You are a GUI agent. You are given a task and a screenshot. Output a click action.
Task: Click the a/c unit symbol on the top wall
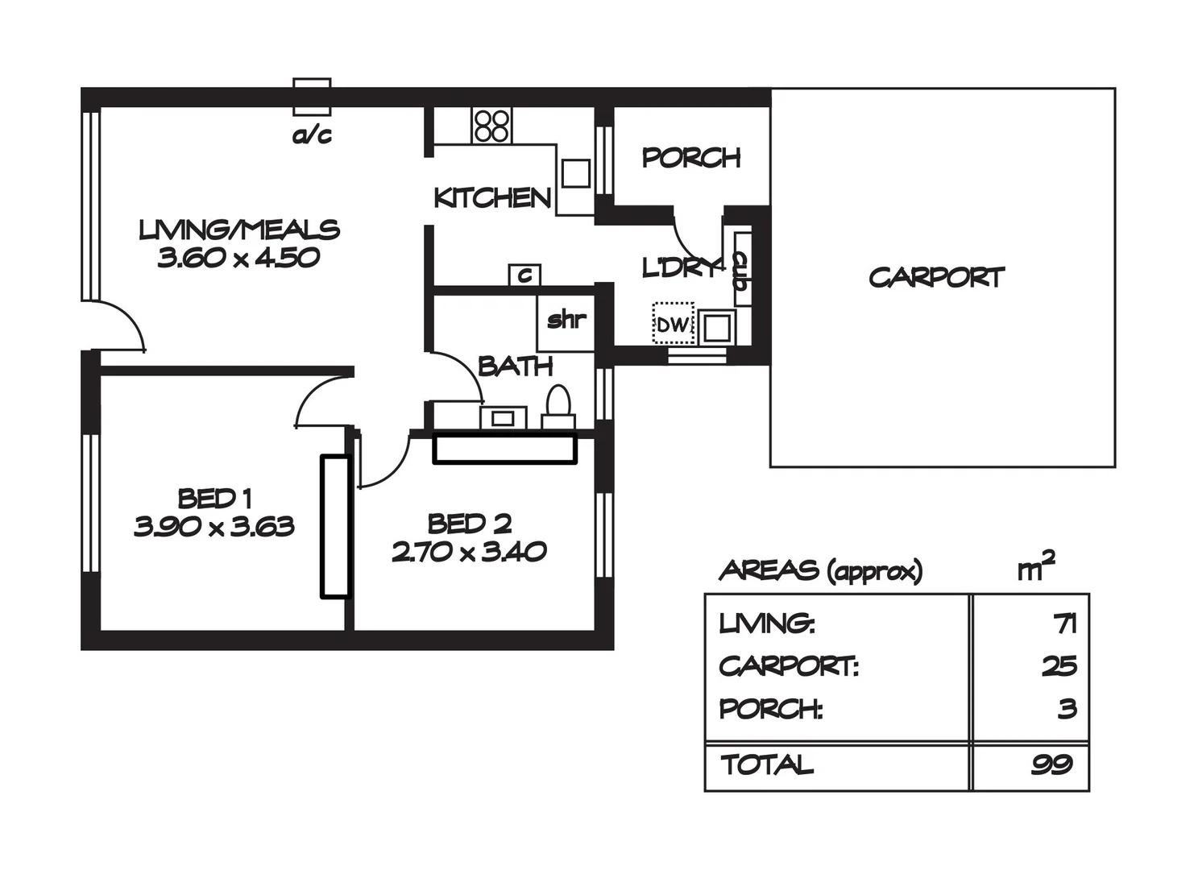(312, 97)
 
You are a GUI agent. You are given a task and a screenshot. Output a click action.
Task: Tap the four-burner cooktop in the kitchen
(491, 126)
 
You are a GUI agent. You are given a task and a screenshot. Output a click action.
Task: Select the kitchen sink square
(575, 173)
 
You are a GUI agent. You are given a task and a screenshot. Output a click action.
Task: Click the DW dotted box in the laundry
(673, 324)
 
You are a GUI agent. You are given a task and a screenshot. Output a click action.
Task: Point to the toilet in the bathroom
(558, 407)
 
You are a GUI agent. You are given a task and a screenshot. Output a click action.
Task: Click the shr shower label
(566, 320)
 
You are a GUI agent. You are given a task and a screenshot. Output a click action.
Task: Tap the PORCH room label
(690, 158)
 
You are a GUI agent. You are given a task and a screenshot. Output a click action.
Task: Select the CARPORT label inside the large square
(936, 278)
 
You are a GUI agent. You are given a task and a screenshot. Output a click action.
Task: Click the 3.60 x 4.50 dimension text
(238, 259)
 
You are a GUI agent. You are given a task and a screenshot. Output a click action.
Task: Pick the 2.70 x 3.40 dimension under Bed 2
(469, 553)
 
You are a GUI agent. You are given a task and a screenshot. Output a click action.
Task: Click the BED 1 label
(214, 499)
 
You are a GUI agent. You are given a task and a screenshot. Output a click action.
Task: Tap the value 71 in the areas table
(1064, 623)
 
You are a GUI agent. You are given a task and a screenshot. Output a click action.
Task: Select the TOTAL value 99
(1052, 764)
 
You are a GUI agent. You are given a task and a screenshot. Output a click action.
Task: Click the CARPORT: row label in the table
(788, 666)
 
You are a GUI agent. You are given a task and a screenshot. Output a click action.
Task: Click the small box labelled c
(524, 275)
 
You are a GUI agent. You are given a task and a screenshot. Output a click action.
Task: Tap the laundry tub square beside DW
(715, 328)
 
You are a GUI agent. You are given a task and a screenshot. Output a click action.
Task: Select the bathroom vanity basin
(503, 418)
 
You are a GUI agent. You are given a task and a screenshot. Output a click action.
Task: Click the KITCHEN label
(491, 198)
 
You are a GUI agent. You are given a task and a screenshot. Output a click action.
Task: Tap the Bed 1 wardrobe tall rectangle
(334, 527)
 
